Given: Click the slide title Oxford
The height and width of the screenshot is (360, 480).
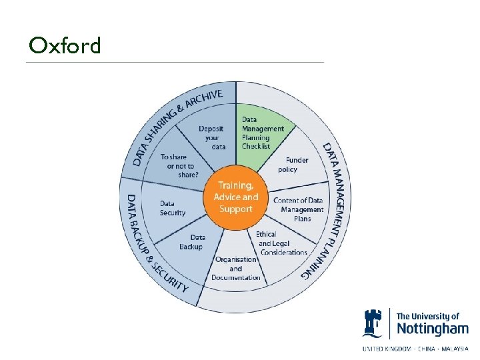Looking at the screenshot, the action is point(65,45).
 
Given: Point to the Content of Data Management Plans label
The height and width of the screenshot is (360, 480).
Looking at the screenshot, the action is point(298,209).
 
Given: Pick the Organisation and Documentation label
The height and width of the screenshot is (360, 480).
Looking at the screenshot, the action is point(236,268).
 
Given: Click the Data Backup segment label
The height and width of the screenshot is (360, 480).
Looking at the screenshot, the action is point(191,242).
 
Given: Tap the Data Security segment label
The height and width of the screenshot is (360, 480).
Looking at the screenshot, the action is point(172,208).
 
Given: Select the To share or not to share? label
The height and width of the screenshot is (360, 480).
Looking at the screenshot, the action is point(179,166).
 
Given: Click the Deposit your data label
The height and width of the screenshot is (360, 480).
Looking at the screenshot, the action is point(213,137).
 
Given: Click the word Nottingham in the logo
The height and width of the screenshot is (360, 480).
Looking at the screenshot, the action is point(432,329).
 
